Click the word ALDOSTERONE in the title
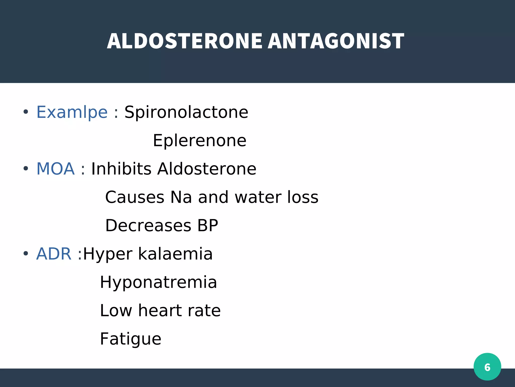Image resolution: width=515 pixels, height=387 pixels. (185, 41)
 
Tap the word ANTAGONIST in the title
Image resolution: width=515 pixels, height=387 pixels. (336, 41)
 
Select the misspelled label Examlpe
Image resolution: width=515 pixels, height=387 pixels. (72, 112)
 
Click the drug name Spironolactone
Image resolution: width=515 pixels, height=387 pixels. (186, 112)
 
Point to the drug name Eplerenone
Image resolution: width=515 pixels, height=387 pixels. (200, 141)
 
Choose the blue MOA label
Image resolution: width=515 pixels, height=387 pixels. (56, 169)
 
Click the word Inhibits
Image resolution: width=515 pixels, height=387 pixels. (121, 169)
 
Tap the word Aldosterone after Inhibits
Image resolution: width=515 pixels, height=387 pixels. (207, 169)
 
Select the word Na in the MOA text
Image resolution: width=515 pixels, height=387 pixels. (181, 197)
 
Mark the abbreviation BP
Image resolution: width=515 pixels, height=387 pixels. (208, 225)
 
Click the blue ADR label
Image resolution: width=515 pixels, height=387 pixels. (54, 254)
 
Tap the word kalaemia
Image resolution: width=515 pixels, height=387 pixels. (175, 254)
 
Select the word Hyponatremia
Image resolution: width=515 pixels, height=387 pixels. (158, 282)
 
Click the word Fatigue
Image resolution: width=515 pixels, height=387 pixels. (131, 339)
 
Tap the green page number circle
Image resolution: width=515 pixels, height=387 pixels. (487, 367)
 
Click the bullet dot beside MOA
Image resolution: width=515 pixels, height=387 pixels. (26, 169)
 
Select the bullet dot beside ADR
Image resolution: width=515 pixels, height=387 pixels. (26, 253)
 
